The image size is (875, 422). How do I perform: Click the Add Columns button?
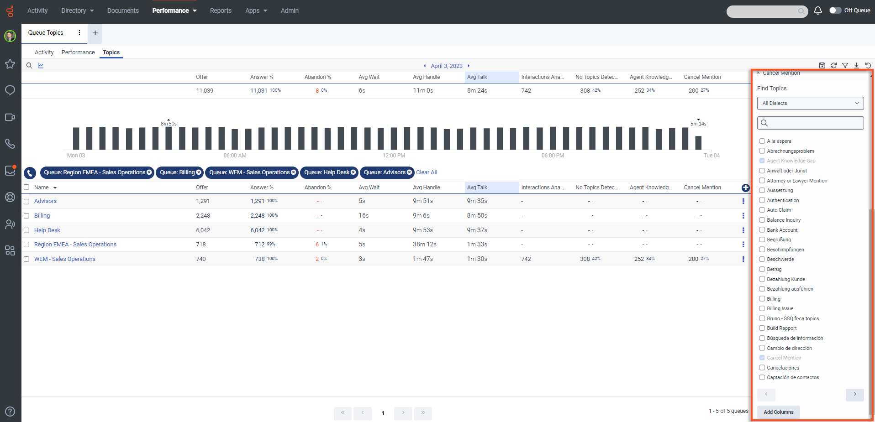(778, 412)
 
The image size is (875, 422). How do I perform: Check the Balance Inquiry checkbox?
(762, 220)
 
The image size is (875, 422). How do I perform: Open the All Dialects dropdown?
(810, 103)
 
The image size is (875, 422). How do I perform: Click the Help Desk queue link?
(47, 230)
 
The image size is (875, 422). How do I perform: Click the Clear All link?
(427, 172)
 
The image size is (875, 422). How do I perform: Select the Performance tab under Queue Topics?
(78, 52)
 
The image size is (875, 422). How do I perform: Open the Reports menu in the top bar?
(221, 10)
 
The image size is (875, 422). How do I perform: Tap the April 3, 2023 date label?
(446, 66)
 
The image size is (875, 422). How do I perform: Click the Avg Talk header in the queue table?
(477, 188)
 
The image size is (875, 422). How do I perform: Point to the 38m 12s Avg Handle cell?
(424, 245)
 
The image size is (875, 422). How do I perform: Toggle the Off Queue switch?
(835, 10)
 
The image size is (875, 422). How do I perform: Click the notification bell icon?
(817, 10)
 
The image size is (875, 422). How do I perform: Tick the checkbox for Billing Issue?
(762, 308)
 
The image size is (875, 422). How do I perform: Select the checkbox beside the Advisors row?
(26, 201)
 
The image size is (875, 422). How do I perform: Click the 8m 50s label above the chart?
(169, 124)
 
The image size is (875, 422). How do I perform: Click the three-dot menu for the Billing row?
(743, 216)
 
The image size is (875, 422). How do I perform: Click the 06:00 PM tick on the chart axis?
(553, 156)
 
